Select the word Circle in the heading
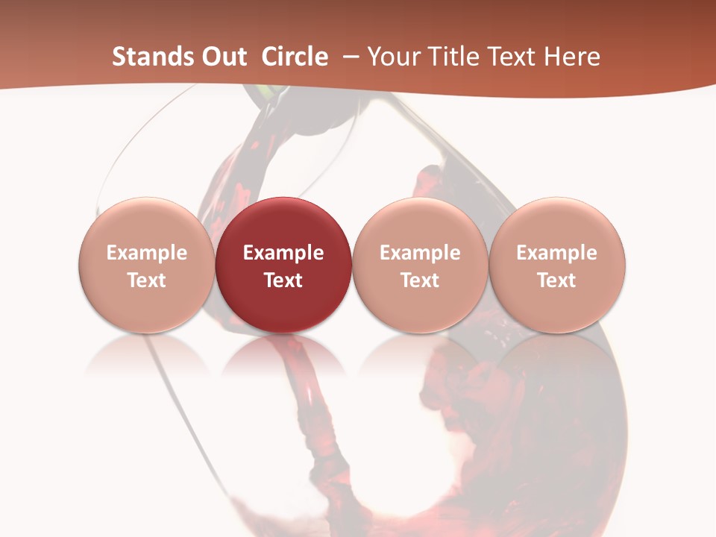295,57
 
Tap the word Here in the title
573,57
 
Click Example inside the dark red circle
283,253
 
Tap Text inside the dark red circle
283,280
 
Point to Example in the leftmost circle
147,253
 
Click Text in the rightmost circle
557,280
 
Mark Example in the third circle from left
420,253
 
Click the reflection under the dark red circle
283,358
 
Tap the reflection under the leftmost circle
147,358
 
